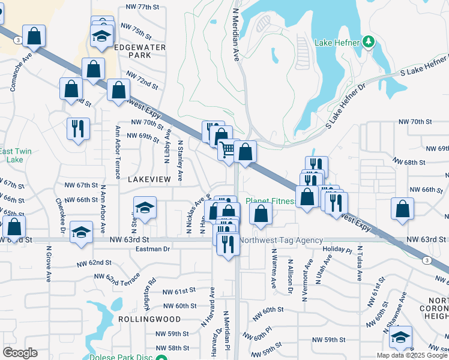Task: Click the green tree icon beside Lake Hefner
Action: [x=369, y=42]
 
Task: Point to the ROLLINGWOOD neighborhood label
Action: [x=141, y=319]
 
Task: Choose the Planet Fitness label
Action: [x=270, y=202]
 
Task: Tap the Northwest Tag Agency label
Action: [x=281, y=241]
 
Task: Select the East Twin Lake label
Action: [x=14, y=155]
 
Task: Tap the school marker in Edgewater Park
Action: [x=102, y=35]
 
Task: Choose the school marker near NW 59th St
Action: [x=400, y=337]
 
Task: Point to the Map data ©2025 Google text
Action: [x=412, y=355]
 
